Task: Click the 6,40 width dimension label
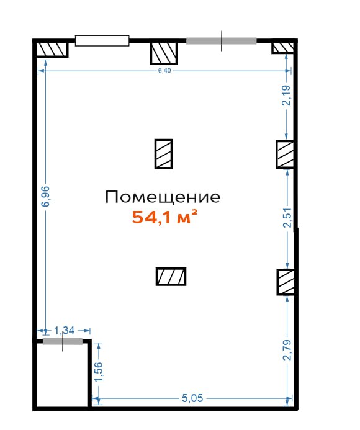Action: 164,71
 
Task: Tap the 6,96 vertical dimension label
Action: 45,196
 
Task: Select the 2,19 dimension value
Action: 287,96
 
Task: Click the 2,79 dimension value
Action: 287,350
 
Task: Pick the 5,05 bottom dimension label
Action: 192,398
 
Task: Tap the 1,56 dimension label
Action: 99,371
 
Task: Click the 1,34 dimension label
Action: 64,331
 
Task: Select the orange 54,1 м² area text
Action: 164,217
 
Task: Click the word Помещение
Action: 163,197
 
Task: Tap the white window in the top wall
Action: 102,40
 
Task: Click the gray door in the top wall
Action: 222,41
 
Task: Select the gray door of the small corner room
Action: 63,341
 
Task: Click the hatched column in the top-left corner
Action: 52,50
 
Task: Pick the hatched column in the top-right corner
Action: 283,48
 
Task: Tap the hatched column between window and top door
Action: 164,53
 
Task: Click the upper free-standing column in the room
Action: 163,154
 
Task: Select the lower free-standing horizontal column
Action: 171,277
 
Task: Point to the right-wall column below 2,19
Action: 285,154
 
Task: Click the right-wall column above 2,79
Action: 286,282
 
